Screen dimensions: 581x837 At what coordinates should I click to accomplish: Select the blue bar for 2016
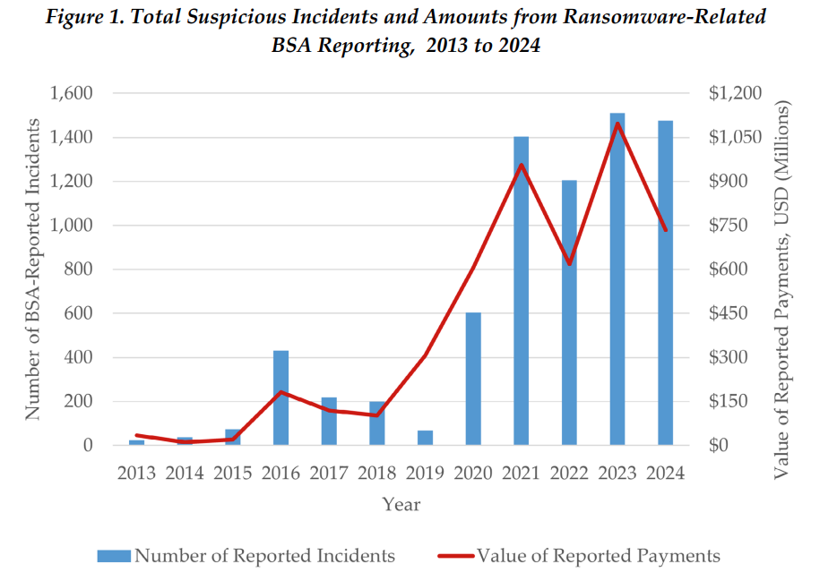tap(280, 397)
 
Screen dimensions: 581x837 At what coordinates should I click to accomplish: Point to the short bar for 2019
tap(425, 438)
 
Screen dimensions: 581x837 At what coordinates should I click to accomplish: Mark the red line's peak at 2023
tap(617, 123)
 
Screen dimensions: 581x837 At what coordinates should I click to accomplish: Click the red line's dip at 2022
tap(569, 264)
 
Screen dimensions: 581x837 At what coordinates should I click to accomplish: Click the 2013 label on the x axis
tap(136, 474)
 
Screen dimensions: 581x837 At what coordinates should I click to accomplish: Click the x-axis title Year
tap(401, 504)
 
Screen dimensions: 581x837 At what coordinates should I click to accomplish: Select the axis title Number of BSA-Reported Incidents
tap(33, 269)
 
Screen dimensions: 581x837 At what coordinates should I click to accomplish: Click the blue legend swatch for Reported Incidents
tap(114, 556)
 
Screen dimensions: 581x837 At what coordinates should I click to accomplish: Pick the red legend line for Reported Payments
tap(455, 556)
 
